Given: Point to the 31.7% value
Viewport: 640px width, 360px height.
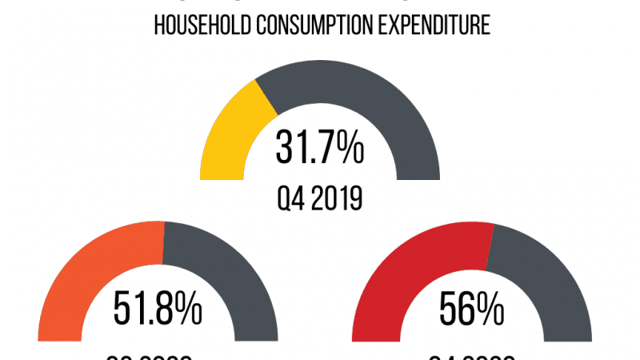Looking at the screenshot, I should tap(319, 148).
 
